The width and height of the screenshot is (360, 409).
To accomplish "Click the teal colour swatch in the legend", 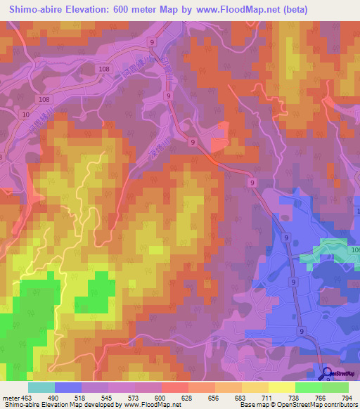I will [x=41, y=387].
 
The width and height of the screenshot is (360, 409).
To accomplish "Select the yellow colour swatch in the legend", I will [x=281, y=387].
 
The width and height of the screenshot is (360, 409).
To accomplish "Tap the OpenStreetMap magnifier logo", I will [x=327, y=374].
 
